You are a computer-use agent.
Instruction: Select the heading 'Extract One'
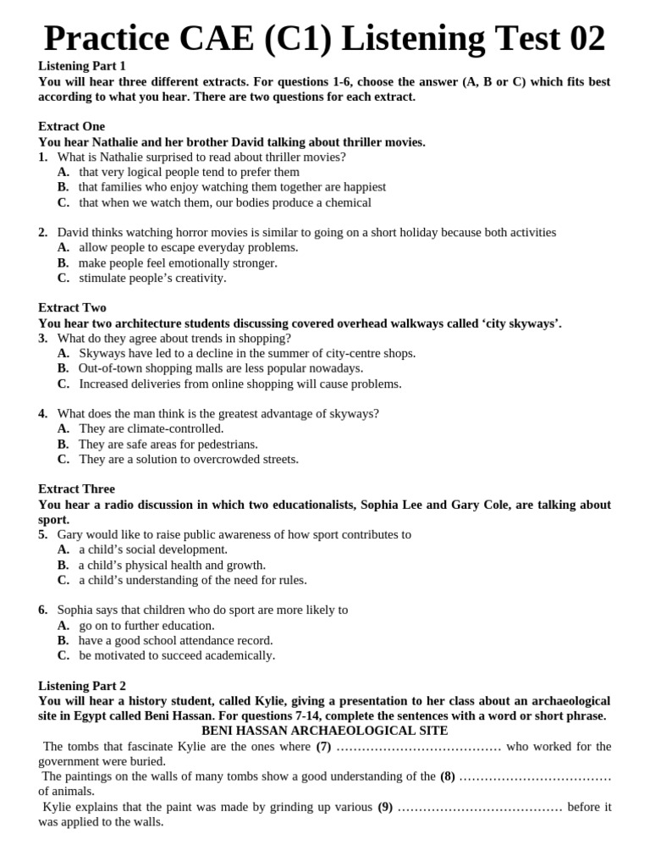click(72, 126)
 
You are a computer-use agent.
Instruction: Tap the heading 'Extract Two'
click(72, 307)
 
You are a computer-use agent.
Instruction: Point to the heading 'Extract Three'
click(76, 489)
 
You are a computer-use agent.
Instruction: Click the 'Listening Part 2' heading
click(81, 685)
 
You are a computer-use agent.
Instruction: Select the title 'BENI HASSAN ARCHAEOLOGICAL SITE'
click(324, 730)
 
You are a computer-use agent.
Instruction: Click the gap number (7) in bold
click(323, 746)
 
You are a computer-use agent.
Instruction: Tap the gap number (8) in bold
click(448, 776)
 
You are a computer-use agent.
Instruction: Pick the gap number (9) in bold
click(385, 806)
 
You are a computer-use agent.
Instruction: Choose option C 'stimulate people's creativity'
click(152, 278)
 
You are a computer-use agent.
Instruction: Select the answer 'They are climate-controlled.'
click(151, 428)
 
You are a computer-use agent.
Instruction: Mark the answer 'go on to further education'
click(146, 625)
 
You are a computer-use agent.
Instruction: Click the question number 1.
click(42, 157)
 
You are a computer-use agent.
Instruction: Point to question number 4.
click(42, 413)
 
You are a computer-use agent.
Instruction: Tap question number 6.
click(42, 610)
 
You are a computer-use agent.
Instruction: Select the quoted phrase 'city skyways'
click(522, 323)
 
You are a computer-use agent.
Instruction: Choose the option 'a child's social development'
click(153, 549)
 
